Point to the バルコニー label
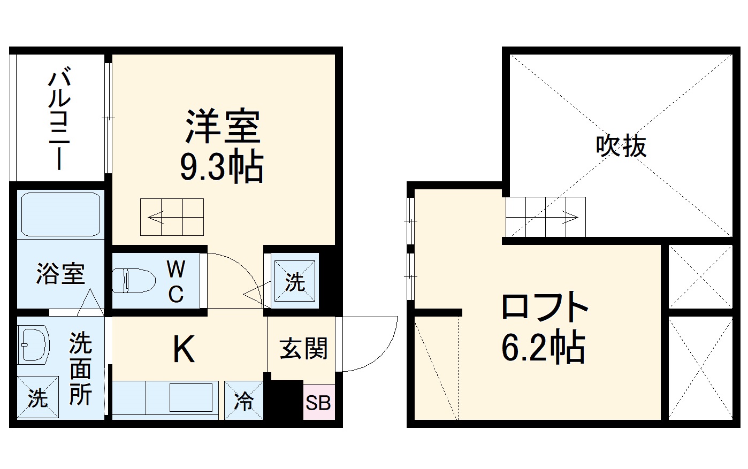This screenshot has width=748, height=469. (59, 120)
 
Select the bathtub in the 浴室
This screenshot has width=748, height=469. (60, 214)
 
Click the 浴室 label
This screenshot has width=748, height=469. (60, 274)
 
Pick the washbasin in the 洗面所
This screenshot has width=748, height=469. (33, 345)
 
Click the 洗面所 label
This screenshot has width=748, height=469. (80, 369)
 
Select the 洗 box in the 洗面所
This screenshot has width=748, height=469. (37, 398)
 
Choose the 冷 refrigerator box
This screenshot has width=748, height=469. (244, 400)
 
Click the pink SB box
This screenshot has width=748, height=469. (318, 402)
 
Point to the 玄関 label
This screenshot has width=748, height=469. (303, 349)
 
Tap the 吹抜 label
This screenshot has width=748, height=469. (621, 145)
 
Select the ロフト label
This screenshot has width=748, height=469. (544, 307)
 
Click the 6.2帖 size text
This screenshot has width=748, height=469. (543, 348)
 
